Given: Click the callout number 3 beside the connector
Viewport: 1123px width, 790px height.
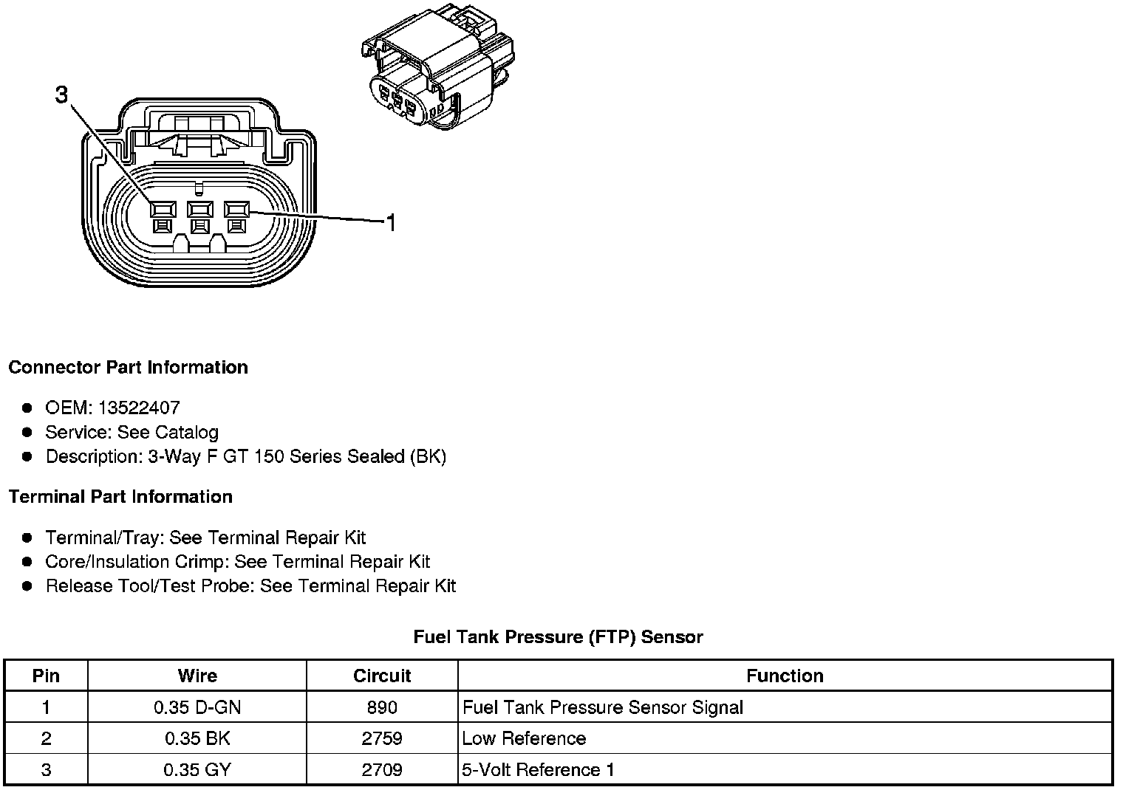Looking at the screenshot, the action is pyautogui.click(x=61, y=95).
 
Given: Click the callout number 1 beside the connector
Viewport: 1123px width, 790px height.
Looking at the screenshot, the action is pyautogui.click(x=391, y=222).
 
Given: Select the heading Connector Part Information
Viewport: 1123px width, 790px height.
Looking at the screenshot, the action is pyautogui.click(x=128, y=368).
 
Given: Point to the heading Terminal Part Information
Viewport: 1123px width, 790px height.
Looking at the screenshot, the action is pyautogui.click(x=120, y=497).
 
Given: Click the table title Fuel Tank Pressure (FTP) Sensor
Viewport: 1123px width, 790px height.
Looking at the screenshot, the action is pyautogui.click(x=558, y=637).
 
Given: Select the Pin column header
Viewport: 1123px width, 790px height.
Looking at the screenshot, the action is pyautogui.click(x=46, y=676).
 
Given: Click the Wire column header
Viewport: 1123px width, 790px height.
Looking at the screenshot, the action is pyautogui.click(x=197, y=676).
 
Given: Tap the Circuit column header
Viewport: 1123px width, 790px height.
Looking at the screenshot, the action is pyautogui.click(x=382, y=676).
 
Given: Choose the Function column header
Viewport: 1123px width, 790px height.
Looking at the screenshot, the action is pyautogui.click(x=785, y=676).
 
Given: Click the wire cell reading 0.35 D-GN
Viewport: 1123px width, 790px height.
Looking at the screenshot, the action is pyautogui.click(x=197, y=707).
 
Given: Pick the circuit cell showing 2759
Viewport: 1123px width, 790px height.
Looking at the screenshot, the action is pyautogui.click(x=382, y=738).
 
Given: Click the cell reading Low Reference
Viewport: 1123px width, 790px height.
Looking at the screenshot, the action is pyautogui.click(x=524, y=738).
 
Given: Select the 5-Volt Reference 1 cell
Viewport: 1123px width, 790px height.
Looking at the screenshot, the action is pyautogui.click(x=538, y=770).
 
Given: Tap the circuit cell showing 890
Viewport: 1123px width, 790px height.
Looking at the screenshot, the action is pyautogui.click(x=382, y=707).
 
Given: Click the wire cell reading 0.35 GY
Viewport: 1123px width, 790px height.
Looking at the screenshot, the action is pyautogui.click(x=197, y=770).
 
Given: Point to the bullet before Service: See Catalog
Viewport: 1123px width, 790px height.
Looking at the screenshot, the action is pyautogui.click(x=27, y=432).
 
